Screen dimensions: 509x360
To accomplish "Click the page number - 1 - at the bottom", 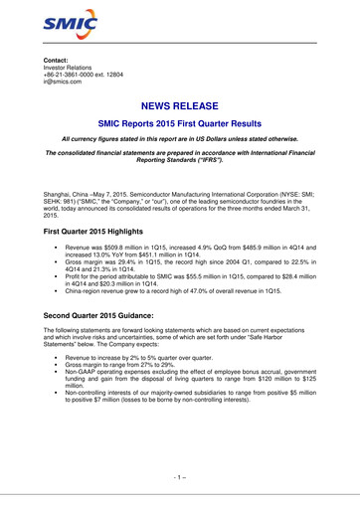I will [x=180, y=477].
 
